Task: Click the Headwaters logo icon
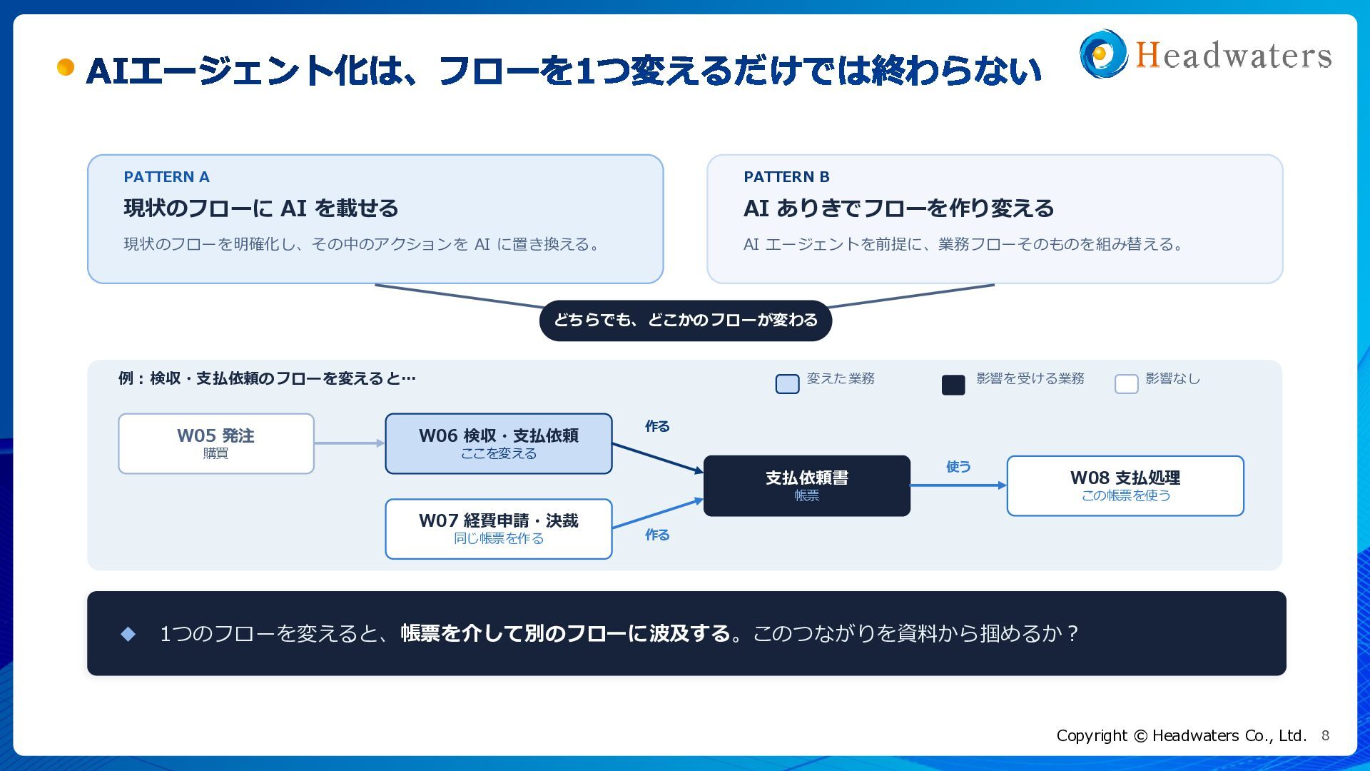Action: pyautogui.click(x=1103, y=54)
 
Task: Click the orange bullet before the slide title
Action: pyautogui.click(x=66, y=67)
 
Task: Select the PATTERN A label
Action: pyautogui.click(x=166, y=177)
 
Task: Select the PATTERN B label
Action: pyautogui.click(x=786, y=177)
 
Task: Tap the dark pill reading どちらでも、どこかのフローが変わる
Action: pyautogui.click(x=686, y=321)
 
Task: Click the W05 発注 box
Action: pyautogui.click(x=216, y=443)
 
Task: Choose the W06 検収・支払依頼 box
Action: pyautogui.click(x=499, y=443)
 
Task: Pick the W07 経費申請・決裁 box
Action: pyautogui.click(x=499, y=529)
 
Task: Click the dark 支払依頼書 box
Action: pyautogui.click(x=807, y=485)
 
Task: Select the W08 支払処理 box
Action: pyautogui.click(x=1125, y=485)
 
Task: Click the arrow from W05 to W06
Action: pyautogui.click(x=350, y=443)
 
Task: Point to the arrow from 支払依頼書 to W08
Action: pyautogui.click(x=958, y=485)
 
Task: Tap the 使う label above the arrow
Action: pyautogui.click(x=958, y=467)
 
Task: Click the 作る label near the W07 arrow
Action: pyautogui.click(x=657, y=535)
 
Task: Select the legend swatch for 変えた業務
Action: pyautogui.click(x=787, y=384)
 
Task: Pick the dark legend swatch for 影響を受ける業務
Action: pyautogui.click(x=953, y=385)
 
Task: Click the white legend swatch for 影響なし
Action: pyautogui.click(x=1126, y=384)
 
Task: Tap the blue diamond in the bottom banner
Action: pyautogui.click(x=128, y=634)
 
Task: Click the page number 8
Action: pyautogui.click(x=1325, y=735)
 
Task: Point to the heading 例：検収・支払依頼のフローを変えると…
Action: pyautogui.click(x=267, y=378)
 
